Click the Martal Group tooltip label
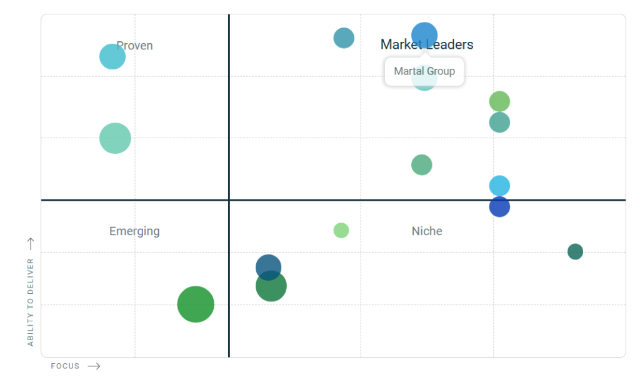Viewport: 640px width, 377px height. [424, 71]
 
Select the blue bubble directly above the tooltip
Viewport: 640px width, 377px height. [424, 35]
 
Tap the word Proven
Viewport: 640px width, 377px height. [135, 46]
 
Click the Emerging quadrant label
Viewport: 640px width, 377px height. [134, 231]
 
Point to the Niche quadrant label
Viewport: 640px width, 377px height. [427, 231]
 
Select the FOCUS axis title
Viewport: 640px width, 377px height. [65, 366]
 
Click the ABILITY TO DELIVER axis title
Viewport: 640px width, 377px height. [31, 302]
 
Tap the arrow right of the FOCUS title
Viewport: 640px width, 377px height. [94, 366]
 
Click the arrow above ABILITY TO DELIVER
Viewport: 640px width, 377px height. [31, 244]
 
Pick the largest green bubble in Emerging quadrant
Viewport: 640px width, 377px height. [196, 304]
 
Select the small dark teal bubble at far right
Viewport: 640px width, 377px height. [575, 252]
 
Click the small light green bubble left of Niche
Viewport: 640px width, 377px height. [341, 230]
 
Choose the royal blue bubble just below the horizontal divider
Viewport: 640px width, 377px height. [499, 207]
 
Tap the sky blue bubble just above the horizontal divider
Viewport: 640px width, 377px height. [499, 186]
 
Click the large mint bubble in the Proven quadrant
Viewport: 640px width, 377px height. [115, 138]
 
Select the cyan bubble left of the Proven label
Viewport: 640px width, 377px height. [112, 57]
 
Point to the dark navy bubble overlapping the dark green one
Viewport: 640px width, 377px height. [268, 266]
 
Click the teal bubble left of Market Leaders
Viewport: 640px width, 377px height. [344, 38]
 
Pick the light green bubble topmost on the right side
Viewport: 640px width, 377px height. [499, 101]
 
